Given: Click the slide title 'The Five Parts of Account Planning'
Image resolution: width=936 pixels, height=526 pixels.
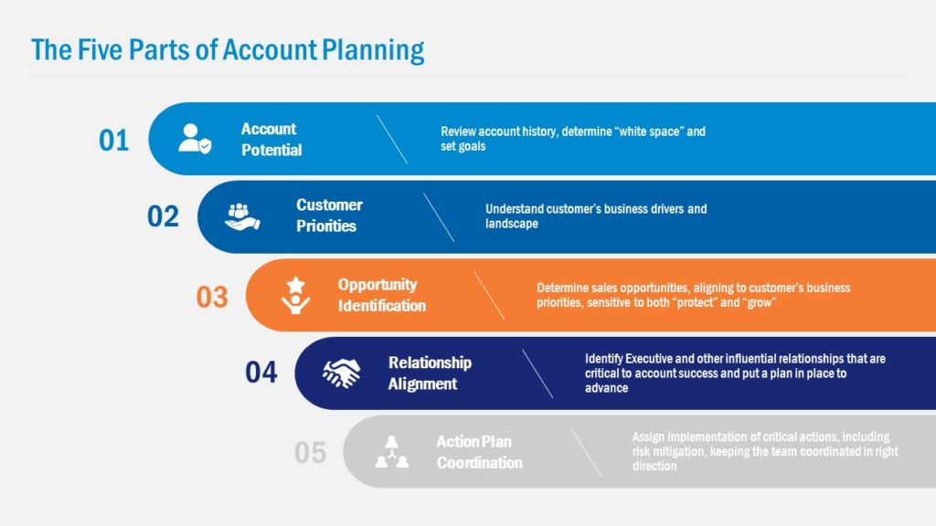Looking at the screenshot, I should point(228,49).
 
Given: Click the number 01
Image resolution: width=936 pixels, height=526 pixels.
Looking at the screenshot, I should point(114,141).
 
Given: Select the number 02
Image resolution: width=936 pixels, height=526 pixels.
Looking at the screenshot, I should point(163,217).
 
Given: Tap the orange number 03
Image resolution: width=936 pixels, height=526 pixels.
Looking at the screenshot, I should point(211,297).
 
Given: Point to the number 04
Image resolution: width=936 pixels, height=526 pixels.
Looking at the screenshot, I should point(261,373).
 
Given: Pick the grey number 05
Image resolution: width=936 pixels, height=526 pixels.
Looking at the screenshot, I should point(310,453).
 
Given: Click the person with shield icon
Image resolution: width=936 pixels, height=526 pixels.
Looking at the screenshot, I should point(194,138).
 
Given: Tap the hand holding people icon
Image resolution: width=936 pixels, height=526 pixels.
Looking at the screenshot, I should point(242,216).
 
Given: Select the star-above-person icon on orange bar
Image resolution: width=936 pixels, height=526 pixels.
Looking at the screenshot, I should point(294,296).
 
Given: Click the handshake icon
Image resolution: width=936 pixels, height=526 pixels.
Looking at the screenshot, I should point(342,373).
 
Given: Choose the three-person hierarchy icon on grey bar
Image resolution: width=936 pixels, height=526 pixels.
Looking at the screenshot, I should point(392,452).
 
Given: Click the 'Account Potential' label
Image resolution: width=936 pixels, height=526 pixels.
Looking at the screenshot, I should point(271,140).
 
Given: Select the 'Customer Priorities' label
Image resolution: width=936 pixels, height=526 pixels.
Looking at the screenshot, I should point(329,216).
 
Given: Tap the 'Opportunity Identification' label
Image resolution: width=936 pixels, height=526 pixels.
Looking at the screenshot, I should point(381,295).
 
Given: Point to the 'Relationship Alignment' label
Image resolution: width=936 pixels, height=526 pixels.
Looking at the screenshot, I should point(430,373).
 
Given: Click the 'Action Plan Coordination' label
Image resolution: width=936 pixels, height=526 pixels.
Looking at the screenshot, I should point(479,452).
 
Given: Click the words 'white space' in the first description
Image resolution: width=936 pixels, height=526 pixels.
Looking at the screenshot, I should point(650,131).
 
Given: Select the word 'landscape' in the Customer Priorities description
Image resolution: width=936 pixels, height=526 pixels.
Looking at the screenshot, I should point(512,224).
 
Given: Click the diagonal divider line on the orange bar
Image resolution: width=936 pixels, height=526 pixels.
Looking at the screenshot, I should point(489,296).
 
